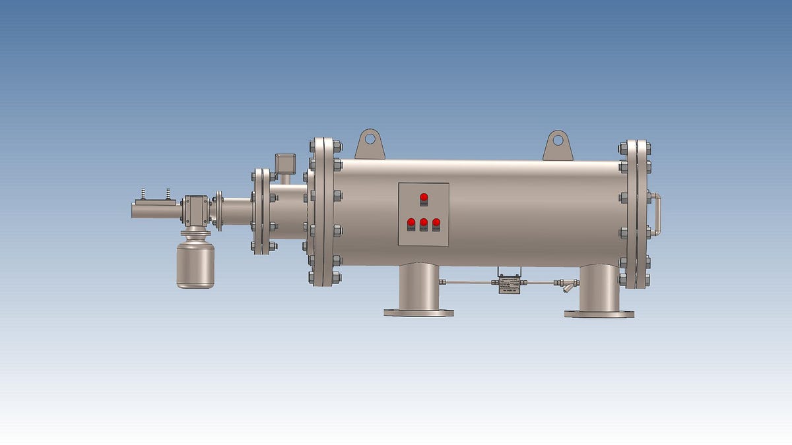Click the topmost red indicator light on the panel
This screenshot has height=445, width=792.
click(424, 197)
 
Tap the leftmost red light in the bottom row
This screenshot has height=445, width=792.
click(411, 222)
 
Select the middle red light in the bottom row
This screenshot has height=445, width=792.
click(424, 222)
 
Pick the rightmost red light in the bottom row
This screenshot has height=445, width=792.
click(436, 222)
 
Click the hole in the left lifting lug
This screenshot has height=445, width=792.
click(370, 139)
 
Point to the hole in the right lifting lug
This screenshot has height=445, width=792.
click(558, 140)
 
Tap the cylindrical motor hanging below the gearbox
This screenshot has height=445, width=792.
click(195, 264)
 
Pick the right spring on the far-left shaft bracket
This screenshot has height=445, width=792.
click(168, 193)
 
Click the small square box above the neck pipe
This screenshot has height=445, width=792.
click(285, 162)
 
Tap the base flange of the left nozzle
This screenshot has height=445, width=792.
click(419, 312)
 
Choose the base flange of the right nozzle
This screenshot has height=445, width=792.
click(599, 314)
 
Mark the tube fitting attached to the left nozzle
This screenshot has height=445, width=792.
click(444, 282)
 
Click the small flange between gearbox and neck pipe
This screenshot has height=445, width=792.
click(218, 210)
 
